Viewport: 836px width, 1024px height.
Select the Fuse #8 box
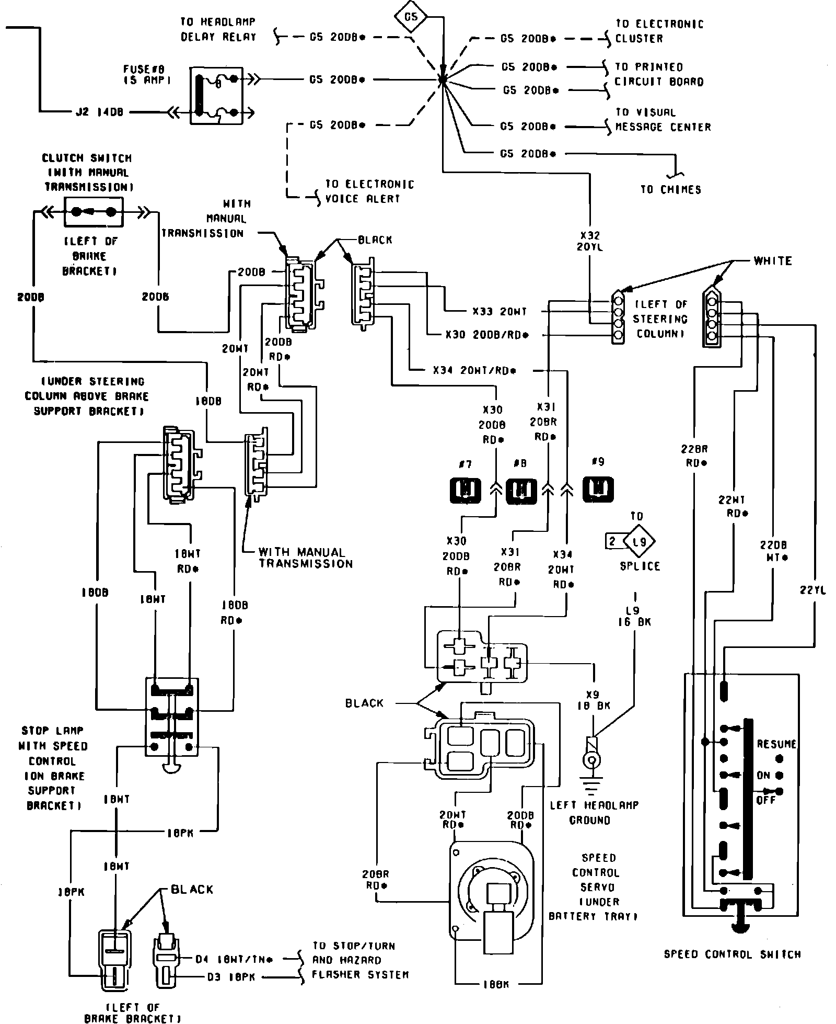(216, 96)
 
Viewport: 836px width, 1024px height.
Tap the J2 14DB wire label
(99, 112)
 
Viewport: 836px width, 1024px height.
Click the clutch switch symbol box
(94, 212)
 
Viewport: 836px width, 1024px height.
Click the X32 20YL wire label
(590, 241)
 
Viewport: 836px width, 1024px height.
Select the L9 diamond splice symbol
(638, 541)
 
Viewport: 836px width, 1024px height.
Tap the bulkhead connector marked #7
(465, 490)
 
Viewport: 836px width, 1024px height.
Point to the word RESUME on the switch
(776, 744)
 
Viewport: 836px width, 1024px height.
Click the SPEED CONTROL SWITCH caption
(732, 954)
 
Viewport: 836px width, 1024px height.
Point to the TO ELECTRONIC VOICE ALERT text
(369, 191)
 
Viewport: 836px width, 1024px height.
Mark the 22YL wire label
(813, 590)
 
